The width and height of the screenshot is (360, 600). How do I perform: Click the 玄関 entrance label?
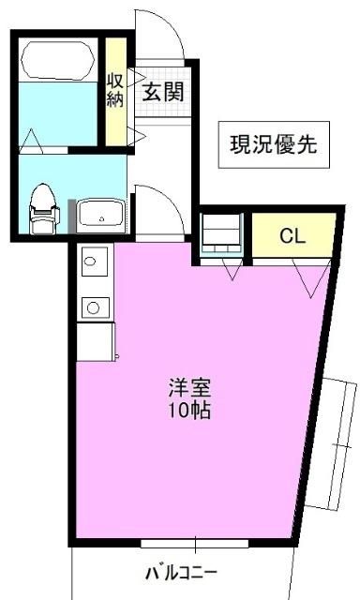[163, 92]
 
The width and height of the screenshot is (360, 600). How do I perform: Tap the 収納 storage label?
[114, 91]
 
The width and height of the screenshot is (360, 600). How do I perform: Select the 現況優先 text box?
[275, 144]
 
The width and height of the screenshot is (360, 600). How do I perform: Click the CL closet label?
[292, 236]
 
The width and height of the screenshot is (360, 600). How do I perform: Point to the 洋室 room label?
[188, 388]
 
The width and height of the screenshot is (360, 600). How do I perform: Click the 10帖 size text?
[188, 411]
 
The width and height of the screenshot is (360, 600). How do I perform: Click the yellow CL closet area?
[292, 236]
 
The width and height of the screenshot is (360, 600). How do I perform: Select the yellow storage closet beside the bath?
[114, 91]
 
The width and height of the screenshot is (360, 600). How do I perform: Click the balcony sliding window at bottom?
[195, 543]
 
